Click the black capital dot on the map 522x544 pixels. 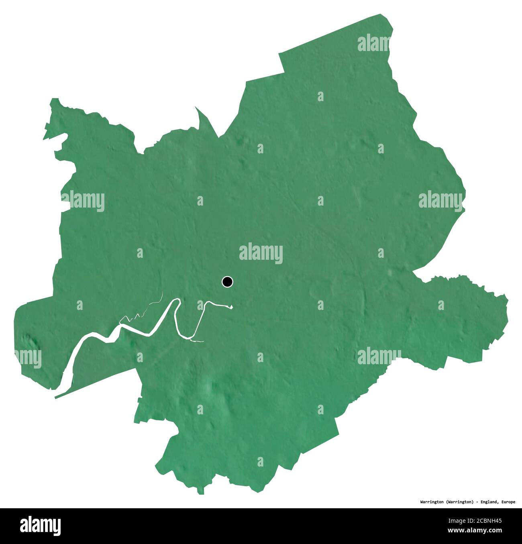click(x=227, y=282)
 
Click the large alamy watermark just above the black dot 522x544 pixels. click(x=261, y=253)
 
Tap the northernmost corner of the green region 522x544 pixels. click(x=381, y=15)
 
